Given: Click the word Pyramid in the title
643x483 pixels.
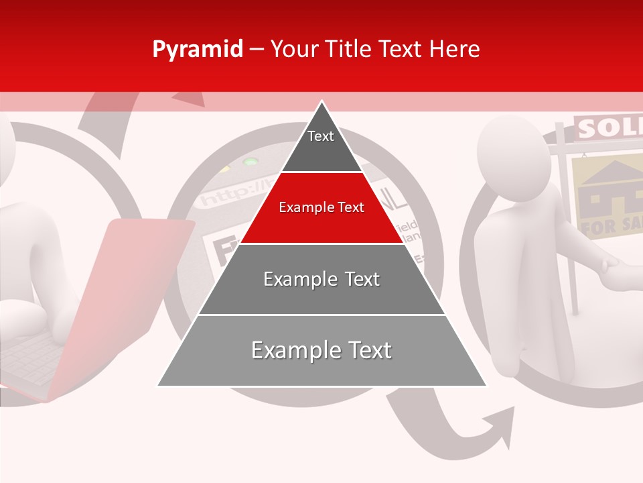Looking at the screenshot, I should point(198,50).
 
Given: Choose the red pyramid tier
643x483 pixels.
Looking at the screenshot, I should point(321,208).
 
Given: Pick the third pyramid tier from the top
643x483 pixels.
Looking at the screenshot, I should point(321,279).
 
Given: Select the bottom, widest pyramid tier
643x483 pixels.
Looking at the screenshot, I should point(321,351).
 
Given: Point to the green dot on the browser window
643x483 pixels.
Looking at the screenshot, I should point(251,162).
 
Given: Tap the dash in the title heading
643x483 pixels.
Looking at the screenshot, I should point(257,50).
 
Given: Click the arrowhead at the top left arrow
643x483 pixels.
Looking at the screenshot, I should point(190,98).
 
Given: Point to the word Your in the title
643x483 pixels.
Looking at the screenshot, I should point(293,50).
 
